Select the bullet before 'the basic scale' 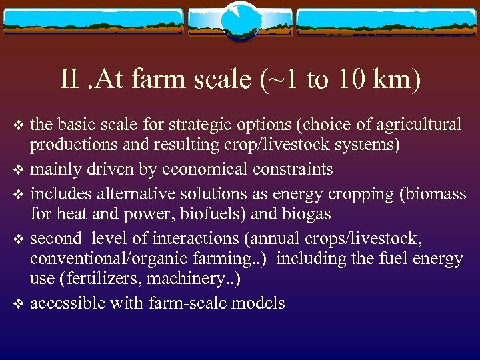18,125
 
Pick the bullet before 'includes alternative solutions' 18,193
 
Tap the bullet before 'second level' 18,239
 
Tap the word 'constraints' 293,169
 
